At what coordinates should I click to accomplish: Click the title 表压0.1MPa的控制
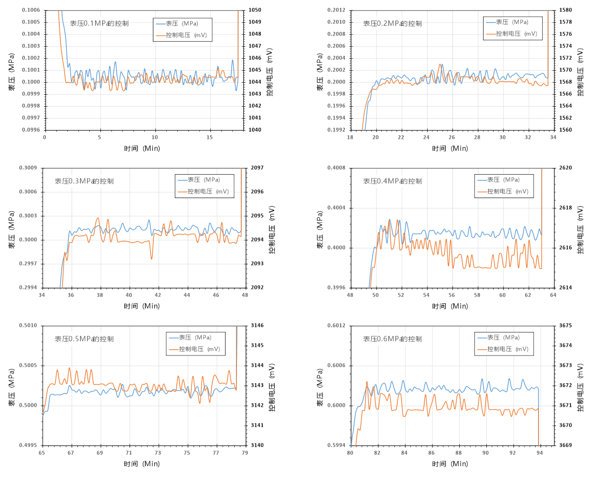point(99,23)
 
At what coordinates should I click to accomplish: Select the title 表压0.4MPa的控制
point(392,181)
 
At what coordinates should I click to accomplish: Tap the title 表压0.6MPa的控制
point(392,339)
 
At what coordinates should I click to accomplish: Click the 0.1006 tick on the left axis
point(31,10)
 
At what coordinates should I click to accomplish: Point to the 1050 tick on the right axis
point(255,10)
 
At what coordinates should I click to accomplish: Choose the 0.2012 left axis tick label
point(336,10)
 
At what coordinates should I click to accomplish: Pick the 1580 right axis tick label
point(566,10)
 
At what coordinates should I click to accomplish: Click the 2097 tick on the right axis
point(257,168)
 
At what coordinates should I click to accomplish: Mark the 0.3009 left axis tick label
point(28,168)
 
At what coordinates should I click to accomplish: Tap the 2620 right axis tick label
point(566,168)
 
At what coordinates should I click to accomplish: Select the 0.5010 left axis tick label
point(28,326)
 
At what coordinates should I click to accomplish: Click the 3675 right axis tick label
point(566,326)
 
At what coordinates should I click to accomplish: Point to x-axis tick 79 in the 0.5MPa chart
point(245,453)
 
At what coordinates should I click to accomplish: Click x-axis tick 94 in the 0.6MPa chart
point(539,453)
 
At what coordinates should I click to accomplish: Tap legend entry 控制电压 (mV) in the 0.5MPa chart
point(199,349)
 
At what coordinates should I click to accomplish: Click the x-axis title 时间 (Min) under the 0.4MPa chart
point(450,306)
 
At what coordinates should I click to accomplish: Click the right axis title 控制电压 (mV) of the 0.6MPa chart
point(581,388)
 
